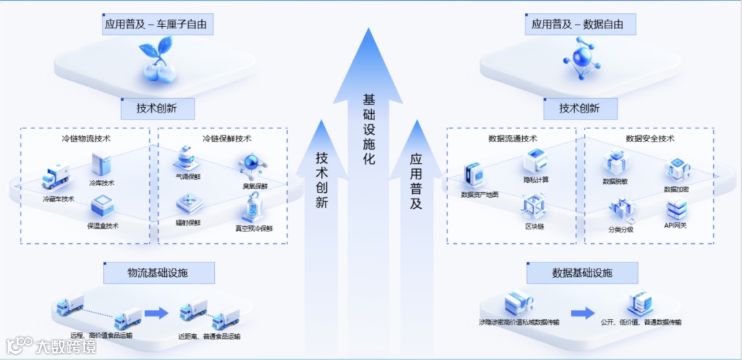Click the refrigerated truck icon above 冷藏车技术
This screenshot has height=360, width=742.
tap(56, 177)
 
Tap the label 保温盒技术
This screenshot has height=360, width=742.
tap(103, 225)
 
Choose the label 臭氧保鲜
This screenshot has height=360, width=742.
tap(255, 186)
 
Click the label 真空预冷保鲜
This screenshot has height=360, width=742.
tap(254, 228)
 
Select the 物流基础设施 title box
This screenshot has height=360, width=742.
tap(159, 273)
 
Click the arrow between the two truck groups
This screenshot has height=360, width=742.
tap(156, 313)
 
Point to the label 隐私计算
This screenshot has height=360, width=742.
tap(536, 180)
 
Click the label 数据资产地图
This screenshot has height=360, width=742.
tap(480, 195)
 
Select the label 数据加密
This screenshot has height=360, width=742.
tap(677, 189)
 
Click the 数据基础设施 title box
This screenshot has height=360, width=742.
tap(582, 273)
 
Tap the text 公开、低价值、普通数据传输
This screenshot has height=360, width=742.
tap(640, 322)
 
